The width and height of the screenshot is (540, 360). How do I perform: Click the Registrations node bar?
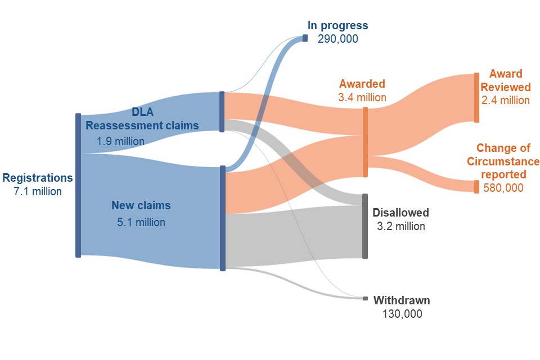pyautogui.click(x=78, y=185)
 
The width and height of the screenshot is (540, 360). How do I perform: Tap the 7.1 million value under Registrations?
pyautogui.click(x=38, y=191)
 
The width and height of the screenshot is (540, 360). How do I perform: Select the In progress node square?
pyautogui.click(x=305, y=38)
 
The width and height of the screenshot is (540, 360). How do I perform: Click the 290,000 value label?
pyautogui.click(x=338, y=39)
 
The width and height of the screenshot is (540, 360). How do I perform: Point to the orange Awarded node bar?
pyautogui.click(x=365, y=142)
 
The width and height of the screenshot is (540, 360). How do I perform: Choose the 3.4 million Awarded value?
pyautogui.click(x=362, y=97)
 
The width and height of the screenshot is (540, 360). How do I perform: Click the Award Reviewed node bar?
pyautogui.click(x=476, y=98)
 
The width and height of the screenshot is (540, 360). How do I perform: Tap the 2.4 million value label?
pyautogui.click(x=506, y=100)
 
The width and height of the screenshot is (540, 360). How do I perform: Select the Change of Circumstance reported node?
pyautogui.click(x=476, y=187)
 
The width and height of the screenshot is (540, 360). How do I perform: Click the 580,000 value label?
pyautogui.click(x=503, y=188)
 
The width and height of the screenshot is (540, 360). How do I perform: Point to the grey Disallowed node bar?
pyautogui.click(x=365, y=226)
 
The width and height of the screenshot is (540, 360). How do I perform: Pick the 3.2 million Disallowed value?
pyautogui.click(x=401, y=226)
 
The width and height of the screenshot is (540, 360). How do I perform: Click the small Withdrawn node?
pyautogui.click(x=366, y=298)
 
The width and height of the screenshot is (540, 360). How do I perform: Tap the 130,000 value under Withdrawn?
pyautogui.click(x=402, y=314)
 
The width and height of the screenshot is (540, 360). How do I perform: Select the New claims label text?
pyautogui.click(x=141, y=205)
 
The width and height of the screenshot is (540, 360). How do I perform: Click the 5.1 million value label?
pyautogui.click(x=141, y=222)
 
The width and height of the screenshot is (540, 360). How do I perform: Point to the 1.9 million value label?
pyautogui.click(x=120, y=141)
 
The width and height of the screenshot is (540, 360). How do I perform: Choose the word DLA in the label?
pyautogui.click(x=142, y=112)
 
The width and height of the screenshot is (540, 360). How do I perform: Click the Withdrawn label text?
pyautogui.click(x=402, y=300)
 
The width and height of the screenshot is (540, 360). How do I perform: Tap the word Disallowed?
pyautogui.click(x=401, y=213)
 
